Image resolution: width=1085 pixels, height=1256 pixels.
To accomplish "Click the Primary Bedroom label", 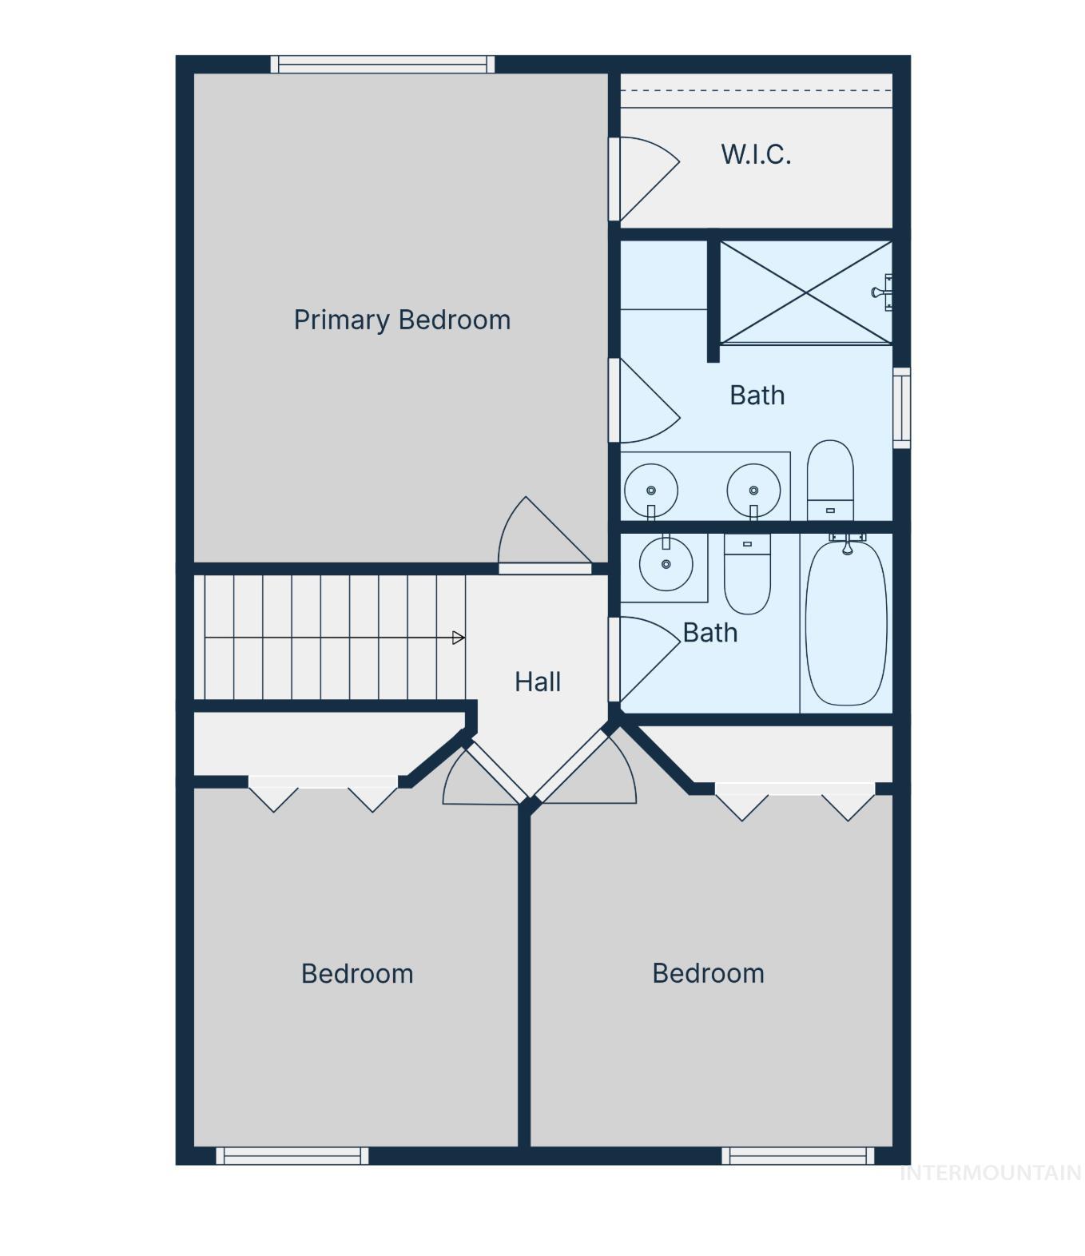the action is coord(402,320).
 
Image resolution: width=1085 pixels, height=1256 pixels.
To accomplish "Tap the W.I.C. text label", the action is coord(756,154).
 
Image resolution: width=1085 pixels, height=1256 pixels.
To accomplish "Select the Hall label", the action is coord(537,682).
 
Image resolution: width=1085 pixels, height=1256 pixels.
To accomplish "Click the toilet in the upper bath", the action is coord(830,480).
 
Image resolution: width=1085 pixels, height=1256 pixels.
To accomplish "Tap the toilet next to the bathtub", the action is coord(747,574).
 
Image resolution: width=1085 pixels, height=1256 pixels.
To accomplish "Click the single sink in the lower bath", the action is coord(666,563).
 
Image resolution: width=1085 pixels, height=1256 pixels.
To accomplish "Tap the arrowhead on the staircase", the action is coord(459,638).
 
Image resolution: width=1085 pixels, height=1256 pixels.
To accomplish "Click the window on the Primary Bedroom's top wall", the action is coord(382,64).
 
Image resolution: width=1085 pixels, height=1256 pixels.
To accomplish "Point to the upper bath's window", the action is coord(901,408).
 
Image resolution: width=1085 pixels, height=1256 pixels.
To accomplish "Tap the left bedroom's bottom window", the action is coord(292,1156).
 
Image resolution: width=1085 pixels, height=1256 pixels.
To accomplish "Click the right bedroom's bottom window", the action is coord(797,1156).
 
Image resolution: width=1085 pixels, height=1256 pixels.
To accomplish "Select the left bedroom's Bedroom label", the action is coord(357,973).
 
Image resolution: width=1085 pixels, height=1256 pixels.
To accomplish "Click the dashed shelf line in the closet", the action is coord(757,90).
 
